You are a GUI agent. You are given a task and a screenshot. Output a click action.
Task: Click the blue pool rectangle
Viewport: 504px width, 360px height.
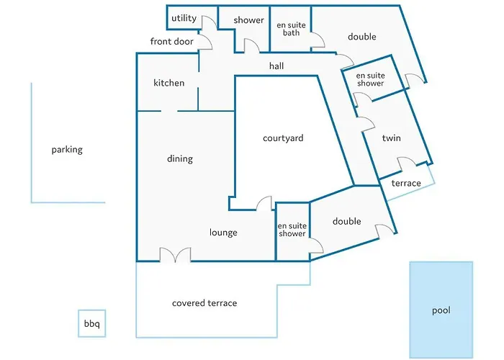coord(441,309)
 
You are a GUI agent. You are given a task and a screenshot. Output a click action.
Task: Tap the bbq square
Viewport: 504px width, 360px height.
coord(92,323)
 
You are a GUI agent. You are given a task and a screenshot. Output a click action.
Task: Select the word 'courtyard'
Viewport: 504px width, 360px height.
coord(283,138)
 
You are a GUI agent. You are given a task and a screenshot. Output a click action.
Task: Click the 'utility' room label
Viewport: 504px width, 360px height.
coord(184,18)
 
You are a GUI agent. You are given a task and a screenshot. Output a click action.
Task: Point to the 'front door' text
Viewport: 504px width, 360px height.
coord(171,41)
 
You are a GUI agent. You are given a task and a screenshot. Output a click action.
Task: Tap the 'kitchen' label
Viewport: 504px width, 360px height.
coord(168,83)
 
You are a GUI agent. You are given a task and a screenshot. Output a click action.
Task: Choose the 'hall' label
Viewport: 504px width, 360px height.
coord(276,66)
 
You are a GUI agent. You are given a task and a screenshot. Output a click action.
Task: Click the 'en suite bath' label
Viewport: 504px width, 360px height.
coord(291,29)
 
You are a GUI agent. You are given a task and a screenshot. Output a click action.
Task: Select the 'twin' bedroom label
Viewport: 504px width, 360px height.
coord(391,138)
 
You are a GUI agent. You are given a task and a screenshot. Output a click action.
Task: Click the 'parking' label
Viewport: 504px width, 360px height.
coord(67,150)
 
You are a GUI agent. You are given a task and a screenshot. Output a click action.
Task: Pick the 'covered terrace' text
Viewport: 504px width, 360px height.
coord(204,303)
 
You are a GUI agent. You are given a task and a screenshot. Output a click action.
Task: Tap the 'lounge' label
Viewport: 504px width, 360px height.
coord(223,233)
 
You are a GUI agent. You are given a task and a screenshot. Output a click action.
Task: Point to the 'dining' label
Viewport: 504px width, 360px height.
coord(180,159)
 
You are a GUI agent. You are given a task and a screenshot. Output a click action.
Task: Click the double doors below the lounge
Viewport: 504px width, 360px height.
coord(175,254)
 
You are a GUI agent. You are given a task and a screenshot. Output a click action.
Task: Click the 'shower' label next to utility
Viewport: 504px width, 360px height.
coord(248,20)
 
